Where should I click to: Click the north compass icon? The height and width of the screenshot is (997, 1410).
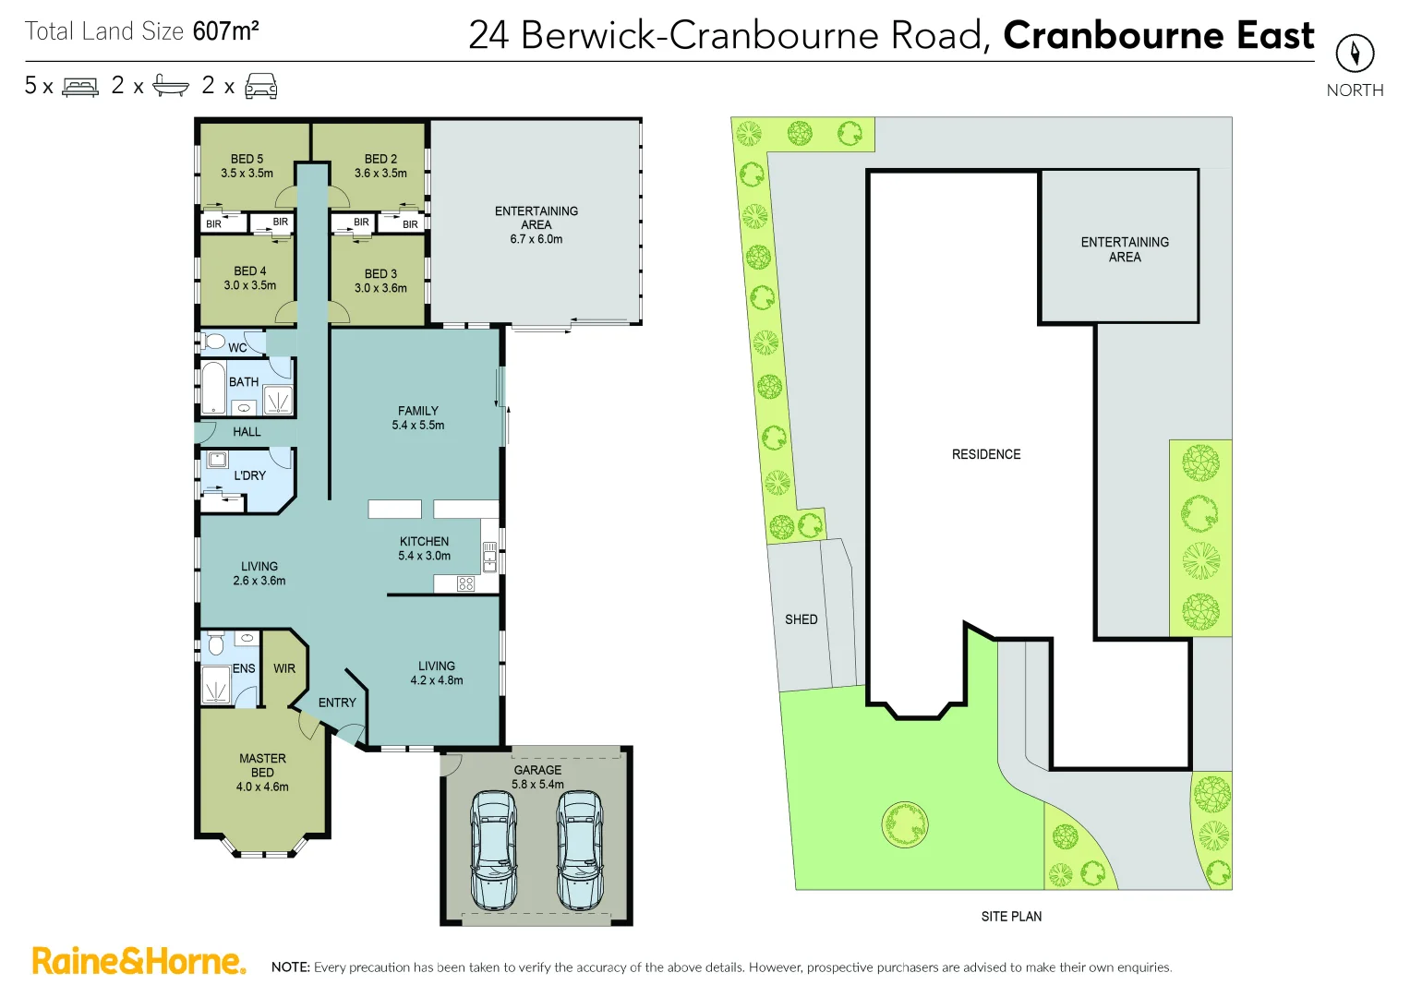coord(1355,53)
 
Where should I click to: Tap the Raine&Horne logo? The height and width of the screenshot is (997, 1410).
coord(139,961)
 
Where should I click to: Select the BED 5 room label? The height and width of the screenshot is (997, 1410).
coord(247,159)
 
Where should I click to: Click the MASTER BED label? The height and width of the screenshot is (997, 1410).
coord(262,765)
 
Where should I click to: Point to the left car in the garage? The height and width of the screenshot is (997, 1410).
coord(493,849)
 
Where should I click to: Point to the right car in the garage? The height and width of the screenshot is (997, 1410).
coord(579,849)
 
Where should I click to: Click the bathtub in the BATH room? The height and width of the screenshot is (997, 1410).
coord(213,388)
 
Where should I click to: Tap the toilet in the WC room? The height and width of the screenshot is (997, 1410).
coord(214,342)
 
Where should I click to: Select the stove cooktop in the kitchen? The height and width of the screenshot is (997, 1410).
coord(465,583)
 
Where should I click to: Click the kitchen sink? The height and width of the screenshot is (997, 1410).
coord(489,556)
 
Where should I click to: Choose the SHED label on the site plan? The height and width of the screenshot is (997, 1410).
coord(801,619)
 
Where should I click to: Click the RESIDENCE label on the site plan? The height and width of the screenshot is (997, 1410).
coord(986,454)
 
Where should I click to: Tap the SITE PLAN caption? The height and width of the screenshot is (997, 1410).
coord(1011,917)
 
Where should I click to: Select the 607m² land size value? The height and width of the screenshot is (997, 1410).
coord(225,31)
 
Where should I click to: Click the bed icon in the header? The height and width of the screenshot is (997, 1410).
coord(80,87)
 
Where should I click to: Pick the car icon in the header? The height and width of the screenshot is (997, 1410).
coord(261,86)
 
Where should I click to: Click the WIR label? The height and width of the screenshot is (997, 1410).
coord(284,668)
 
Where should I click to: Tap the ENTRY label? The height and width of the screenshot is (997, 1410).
coord(337,703)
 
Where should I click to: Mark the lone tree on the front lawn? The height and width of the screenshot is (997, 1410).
coord(904,823)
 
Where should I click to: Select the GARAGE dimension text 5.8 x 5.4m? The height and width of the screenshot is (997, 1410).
coord(537,785)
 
